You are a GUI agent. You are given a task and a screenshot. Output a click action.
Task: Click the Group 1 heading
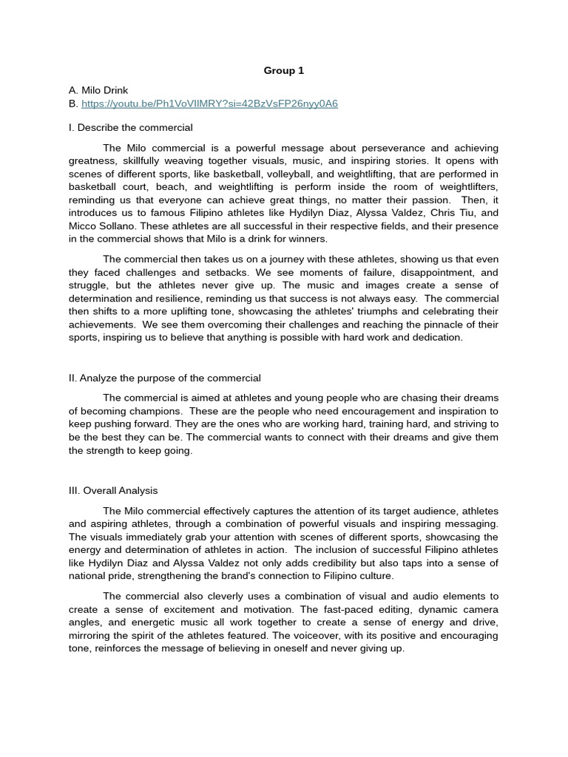point(284,71)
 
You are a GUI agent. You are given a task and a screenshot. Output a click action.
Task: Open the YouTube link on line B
point(209,103)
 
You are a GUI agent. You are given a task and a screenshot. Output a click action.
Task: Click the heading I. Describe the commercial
point(130,128)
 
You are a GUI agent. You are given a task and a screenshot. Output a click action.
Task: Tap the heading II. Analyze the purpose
point(164,378)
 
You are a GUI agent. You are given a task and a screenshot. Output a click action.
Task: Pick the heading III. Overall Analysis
point(113,491)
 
